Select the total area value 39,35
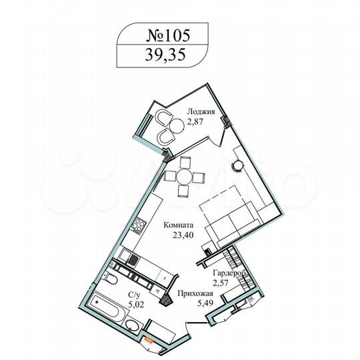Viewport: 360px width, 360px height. pos(163,57)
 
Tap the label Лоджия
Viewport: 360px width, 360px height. pos(201,112)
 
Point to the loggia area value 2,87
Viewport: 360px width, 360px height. pos(196,123)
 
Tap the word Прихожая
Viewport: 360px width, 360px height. pos(195,293)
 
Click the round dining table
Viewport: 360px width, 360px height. pos(184,175)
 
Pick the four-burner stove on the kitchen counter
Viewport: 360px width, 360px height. pos(139,225)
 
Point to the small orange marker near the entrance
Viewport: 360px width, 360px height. pos(152,343)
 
